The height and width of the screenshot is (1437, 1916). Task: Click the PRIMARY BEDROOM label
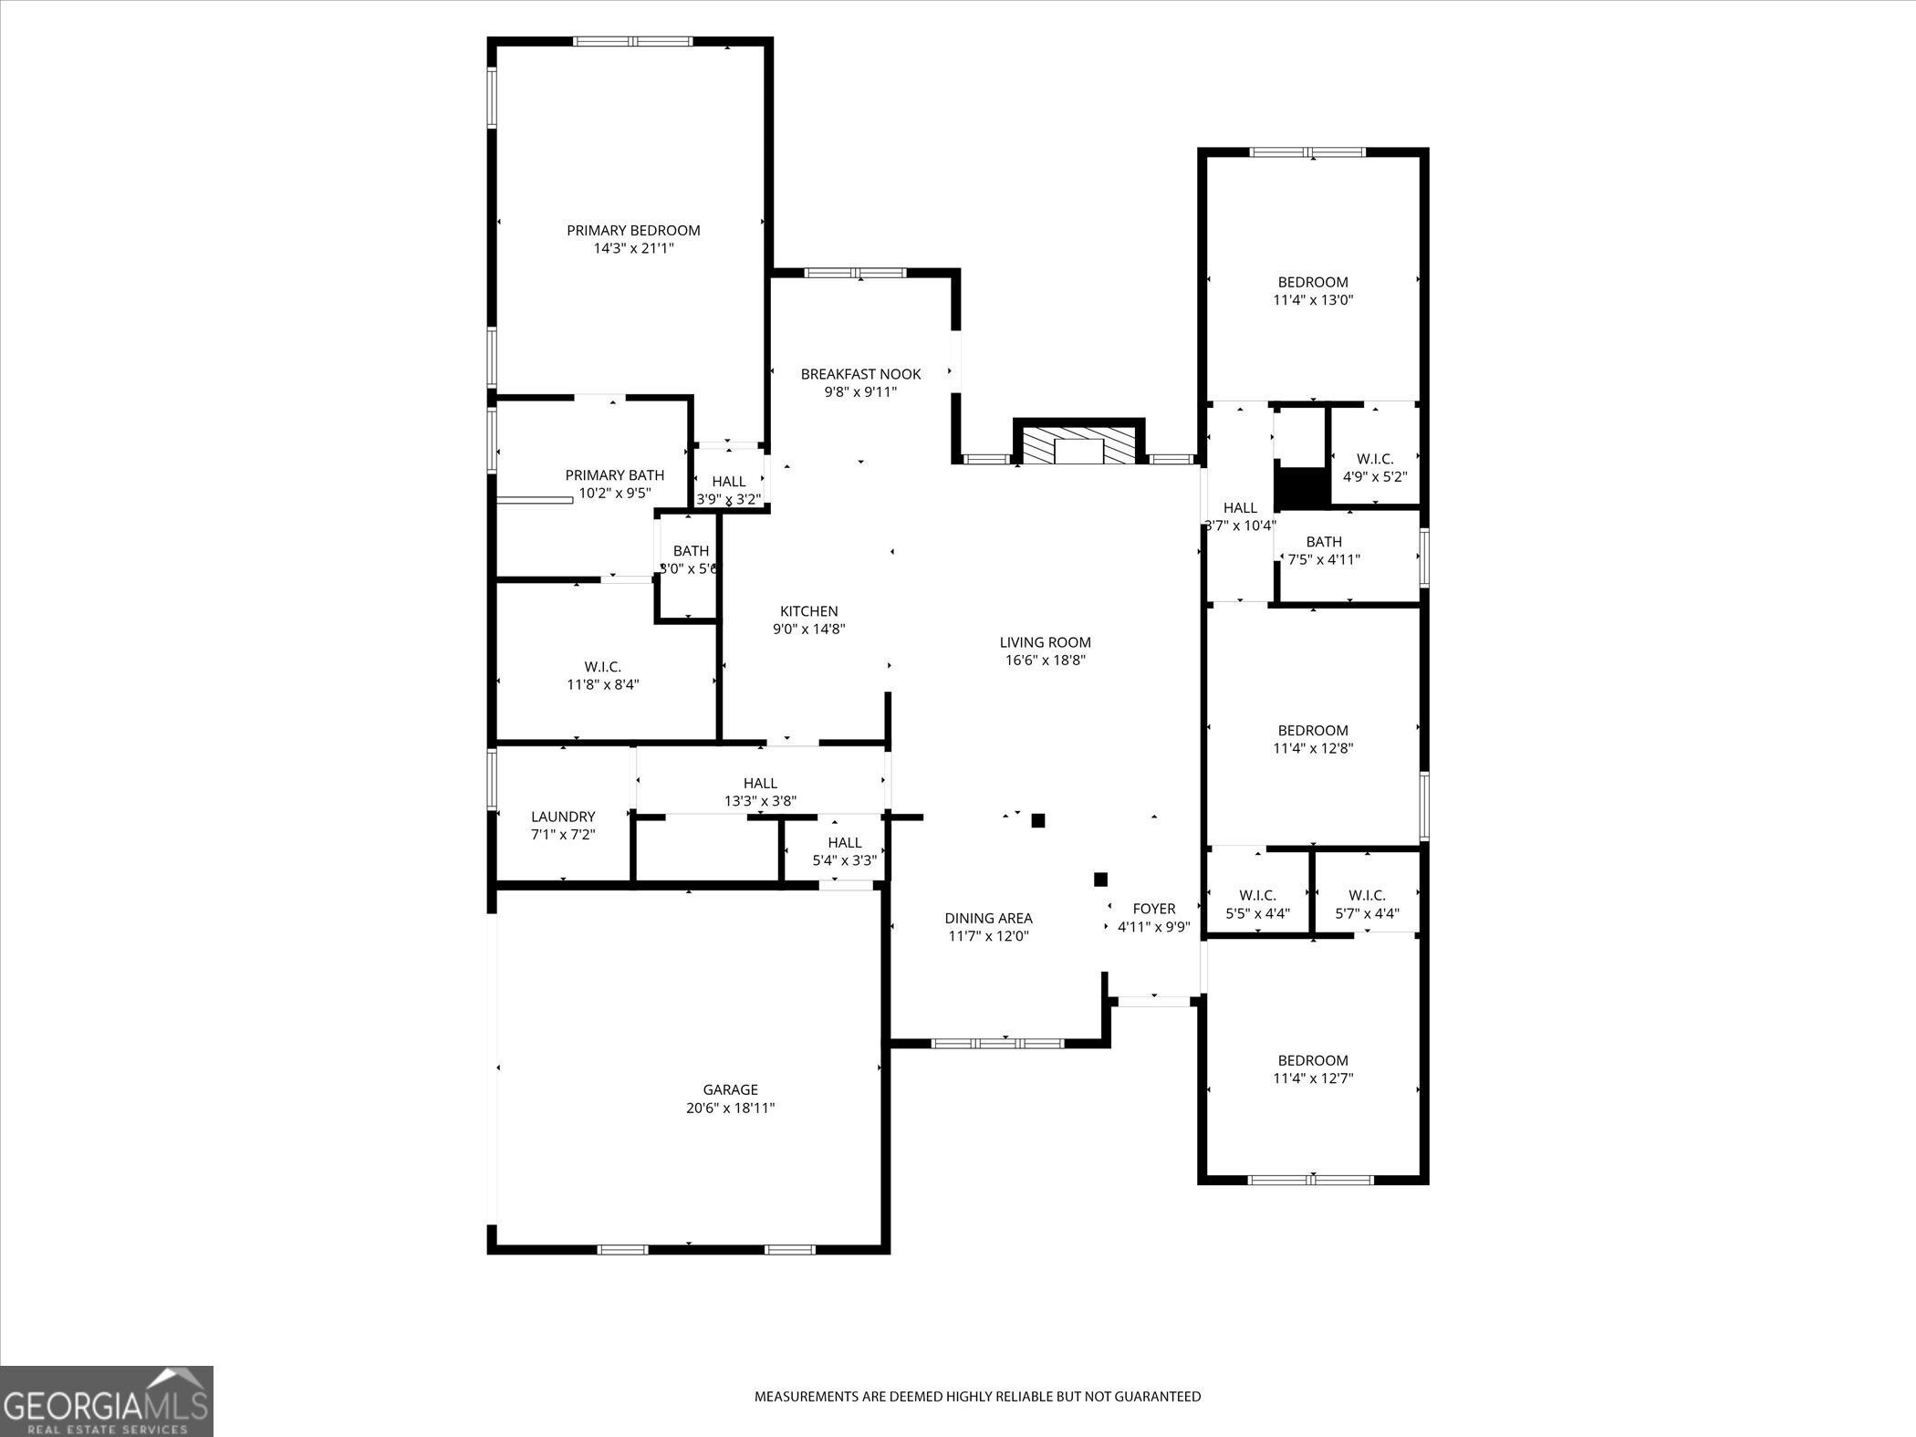[633, 231]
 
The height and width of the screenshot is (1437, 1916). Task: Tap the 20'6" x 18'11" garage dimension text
[730, 1108]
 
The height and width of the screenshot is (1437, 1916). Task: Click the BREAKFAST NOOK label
[860, 374]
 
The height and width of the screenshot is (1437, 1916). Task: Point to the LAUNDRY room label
[563, 817]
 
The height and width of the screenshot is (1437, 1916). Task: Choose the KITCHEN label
[808, 611]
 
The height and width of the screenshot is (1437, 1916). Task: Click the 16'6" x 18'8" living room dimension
[1045, 661]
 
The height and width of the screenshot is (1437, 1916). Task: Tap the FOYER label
[1153, 909]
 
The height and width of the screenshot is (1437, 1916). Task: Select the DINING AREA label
[988, 918]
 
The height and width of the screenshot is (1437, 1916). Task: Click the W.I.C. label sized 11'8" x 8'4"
[602, 667]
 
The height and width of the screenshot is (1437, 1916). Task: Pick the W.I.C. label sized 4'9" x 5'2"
[1374, 459]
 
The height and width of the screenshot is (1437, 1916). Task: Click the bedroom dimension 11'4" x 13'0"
[1312, 300]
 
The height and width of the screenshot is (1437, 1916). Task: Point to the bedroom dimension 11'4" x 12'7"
[1312, 1078]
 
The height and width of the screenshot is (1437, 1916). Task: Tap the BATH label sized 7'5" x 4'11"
[1323, 542]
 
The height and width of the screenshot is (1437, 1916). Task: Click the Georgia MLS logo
[107, 1401]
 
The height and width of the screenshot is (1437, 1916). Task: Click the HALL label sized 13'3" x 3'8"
[760, 783]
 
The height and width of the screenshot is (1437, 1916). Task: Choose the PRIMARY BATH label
[614, 475]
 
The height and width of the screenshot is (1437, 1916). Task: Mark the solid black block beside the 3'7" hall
[1301, 488]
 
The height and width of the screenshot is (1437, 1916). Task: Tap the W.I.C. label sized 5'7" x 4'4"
[1366, 895]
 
